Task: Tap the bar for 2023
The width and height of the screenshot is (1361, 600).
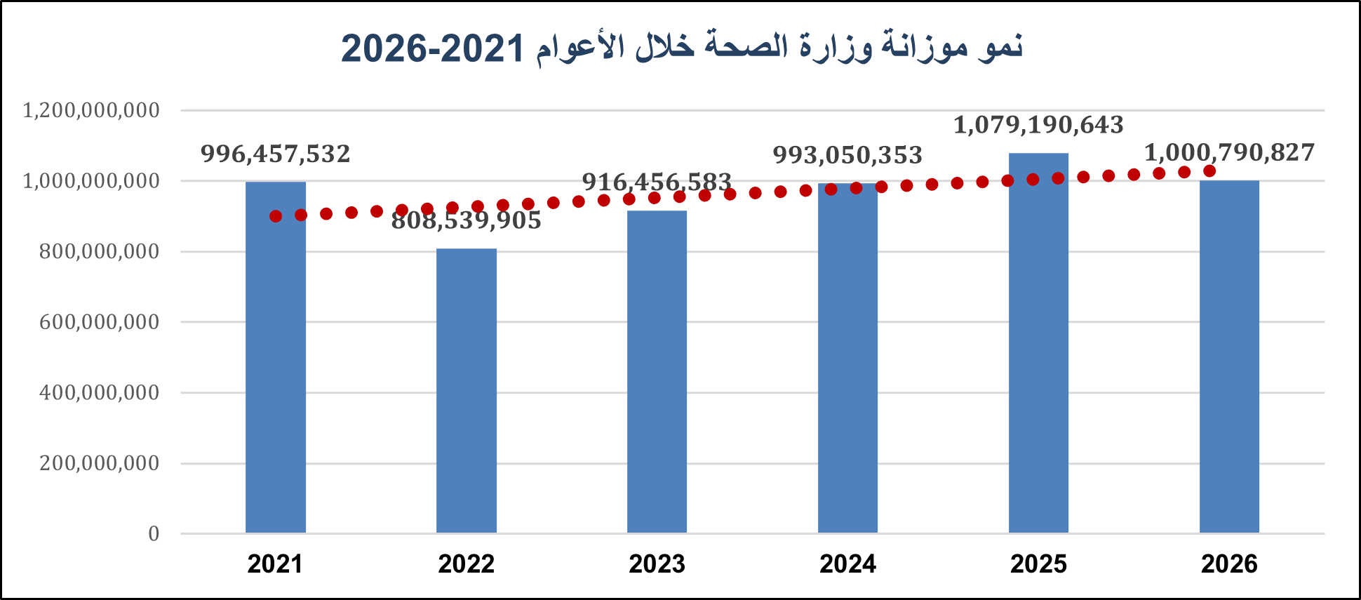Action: click(x=657, y=372)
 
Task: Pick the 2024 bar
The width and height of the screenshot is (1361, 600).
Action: click(x=847, y=358)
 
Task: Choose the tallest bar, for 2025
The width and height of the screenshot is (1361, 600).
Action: click(x=1038, y=343)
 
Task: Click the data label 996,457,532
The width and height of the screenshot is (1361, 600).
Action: click(x=275, y=154)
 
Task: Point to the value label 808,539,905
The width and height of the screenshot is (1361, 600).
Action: click(x=466, y=220)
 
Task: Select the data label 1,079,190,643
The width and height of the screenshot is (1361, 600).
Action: click(x=1038, y=125)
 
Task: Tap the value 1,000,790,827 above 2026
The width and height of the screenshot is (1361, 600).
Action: click(x=1229, y=152)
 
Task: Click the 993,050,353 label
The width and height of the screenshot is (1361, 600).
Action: click(x=847, y=155)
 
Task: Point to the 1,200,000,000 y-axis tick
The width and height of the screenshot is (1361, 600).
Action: click(x=91, y=110)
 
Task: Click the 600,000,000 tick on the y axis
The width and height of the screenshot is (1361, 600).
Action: click(x=100, y=322)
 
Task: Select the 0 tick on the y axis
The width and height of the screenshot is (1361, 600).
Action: click(x=154, y=534)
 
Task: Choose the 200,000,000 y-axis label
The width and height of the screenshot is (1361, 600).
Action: click(x=100, y=463)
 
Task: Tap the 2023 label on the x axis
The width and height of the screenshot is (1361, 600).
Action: click(x=657, y=564)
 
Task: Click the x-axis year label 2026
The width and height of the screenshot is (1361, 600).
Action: click(x=1229, y=564)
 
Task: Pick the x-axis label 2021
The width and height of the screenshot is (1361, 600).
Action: click(x=275, y=564)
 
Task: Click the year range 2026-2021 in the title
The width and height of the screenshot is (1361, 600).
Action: click(x=433, y=48)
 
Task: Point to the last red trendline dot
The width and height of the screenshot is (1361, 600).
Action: click(x=1209, y=171)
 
